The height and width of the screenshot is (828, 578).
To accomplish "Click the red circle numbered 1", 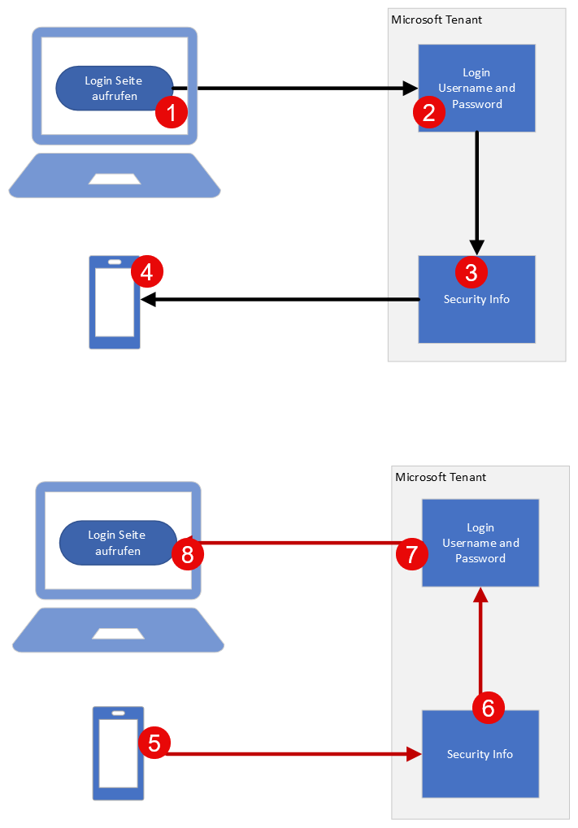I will tap(172, 112).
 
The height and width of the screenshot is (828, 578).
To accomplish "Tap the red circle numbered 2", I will tap(429, 112).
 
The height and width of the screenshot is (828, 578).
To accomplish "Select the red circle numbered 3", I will tap(472, 271).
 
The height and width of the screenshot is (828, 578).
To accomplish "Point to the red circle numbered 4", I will tap(147, 271).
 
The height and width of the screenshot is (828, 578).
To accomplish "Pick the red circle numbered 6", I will tap(488, 708).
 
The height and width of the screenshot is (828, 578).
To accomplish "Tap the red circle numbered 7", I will tap(412, 555).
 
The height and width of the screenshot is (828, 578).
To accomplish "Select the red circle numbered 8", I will tap(188, 555).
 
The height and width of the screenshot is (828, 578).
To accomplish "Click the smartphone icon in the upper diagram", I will tap(115, 303).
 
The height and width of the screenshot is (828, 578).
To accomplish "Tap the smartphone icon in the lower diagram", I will tap(118, 753).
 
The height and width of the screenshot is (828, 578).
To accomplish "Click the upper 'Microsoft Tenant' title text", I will tap(437, 20).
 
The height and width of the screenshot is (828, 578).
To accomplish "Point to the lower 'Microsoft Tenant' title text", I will tap(440, 477).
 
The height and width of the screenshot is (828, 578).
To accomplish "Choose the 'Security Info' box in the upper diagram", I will tap(476, 309).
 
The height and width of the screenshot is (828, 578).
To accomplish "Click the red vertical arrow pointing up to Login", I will tap(480, 642).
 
